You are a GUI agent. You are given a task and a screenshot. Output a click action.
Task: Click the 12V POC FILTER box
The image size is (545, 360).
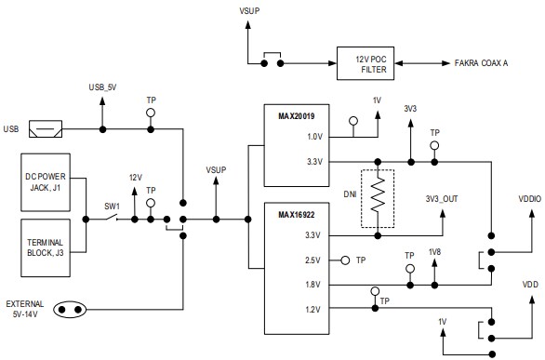pyautogui.click(x=372, y=63)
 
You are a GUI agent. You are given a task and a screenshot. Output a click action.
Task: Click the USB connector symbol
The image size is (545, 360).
pyautogui.click(x=46, y=128)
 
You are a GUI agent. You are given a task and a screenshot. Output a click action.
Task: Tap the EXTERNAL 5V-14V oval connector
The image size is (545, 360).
pyautogui.click(x=69, y=309)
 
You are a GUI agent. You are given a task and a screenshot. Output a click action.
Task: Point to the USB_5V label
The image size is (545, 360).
pyautogui.click(x=104, y=87)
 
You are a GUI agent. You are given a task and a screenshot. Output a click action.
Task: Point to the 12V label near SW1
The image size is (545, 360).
pyautogui.click(x=135, y=178)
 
